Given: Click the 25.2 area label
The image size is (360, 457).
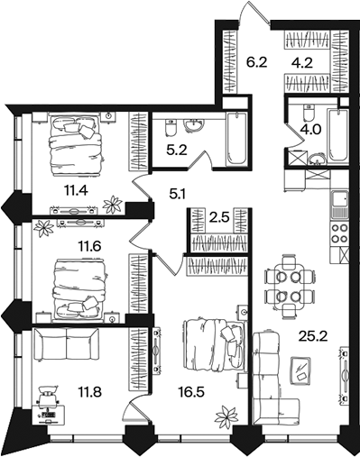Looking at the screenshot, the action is click(313, 337).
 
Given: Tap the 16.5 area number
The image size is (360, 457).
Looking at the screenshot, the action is click(191, 392).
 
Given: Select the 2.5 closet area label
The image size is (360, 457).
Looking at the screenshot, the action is click(219, 217).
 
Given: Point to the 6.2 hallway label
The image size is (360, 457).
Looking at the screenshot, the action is click(256, 63).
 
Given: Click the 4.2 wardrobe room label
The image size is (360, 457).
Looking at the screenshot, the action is click(302, 63).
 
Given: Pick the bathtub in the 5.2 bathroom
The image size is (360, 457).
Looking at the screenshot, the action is click(236, 139).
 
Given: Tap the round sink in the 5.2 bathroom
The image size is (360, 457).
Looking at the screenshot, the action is click(194, 125).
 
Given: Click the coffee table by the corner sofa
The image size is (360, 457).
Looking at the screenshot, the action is click(300, 370).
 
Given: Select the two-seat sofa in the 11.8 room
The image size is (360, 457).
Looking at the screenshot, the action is click(67, 344).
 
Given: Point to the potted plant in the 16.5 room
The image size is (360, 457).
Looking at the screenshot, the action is click(226, 416).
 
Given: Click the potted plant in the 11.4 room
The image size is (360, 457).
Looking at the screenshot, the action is click(113, 205).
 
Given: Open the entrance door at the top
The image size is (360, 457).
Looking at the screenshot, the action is click(254, 12).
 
